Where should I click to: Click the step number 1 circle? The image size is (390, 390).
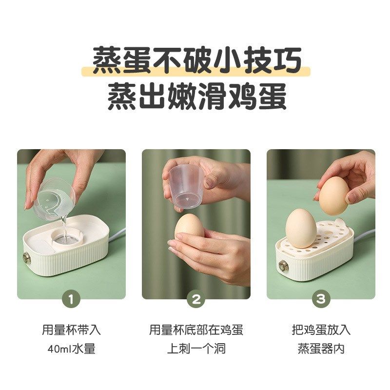point(71,299)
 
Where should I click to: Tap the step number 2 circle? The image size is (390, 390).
point(196,299)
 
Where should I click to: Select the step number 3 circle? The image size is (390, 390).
point(320,299)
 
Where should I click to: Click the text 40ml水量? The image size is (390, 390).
point(71,349)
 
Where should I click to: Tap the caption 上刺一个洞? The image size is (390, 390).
point(196,349)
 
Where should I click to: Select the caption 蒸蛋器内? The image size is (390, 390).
point(321,349)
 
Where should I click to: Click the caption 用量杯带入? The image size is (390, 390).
point(71,330)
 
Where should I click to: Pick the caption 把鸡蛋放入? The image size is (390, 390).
point(321,330)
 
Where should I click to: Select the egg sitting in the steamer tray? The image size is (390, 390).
point(301,228)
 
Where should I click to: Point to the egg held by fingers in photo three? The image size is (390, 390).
point(334,195)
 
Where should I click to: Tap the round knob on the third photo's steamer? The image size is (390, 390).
point(283,266)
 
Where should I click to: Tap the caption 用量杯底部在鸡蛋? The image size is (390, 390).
point(196,330)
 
